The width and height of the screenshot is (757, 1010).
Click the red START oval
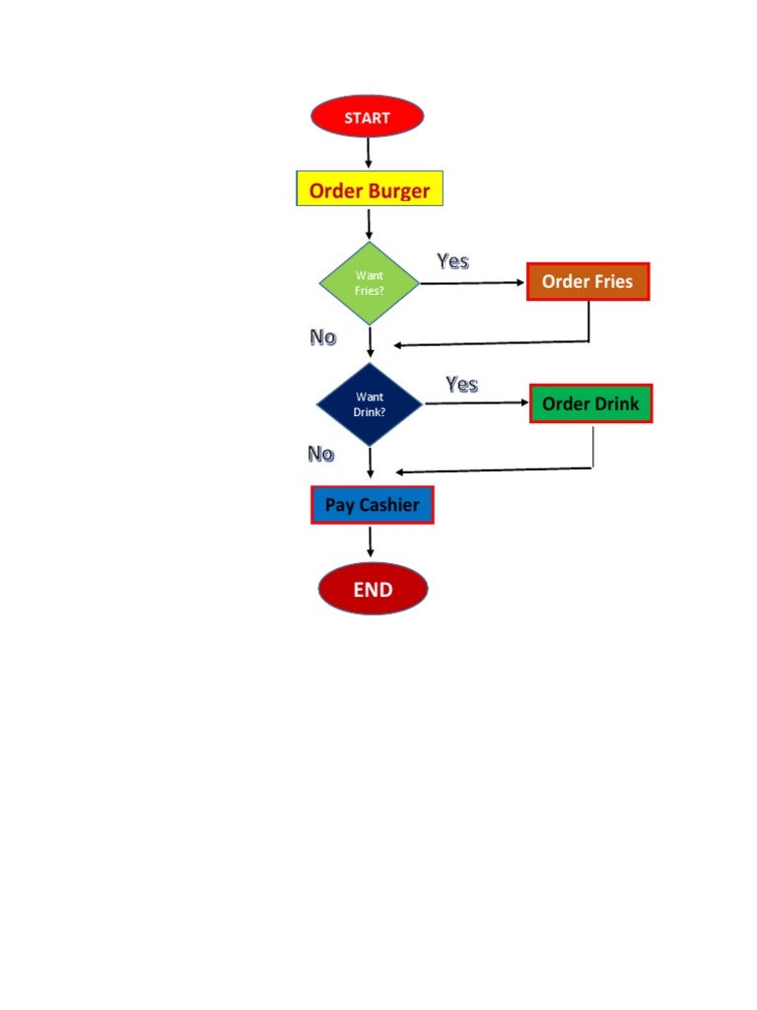tap(368, 117)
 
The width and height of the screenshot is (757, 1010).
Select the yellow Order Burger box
tap(370, 189)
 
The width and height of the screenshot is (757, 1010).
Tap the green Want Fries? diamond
tap(370, 283)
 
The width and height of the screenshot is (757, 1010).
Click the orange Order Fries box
tap(587, 282)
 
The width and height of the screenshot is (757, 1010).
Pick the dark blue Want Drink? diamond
tap(370, 404)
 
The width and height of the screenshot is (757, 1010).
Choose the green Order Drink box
tap(590, 403)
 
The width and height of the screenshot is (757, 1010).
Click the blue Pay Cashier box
tap(372, 505)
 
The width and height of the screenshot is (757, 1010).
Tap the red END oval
tap(373, 590)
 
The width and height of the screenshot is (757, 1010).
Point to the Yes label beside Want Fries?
tap(453, 261)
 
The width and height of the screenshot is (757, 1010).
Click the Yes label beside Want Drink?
tap(461, 384)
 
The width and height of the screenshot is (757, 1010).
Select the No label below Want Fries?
tap(323, 337)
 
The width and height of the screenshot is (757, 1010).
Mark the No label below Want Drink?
tap(321, 454)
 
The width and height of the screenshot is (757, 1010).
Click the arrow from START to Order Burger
tap(369, 153)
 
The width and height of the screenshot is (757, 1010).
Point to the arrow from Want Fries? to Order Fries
tap(473, 283)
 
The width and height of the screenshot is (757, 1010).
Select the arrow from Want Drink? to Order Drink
tap(477, 403)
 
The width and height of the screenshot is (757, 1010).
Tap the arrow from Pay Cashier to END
tap(371, 541)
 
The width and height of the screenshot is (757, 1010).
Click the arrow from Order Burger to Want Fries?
tap(370, 224)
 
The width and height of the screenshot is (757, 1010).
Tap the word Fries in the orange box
tap(613, 282)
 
